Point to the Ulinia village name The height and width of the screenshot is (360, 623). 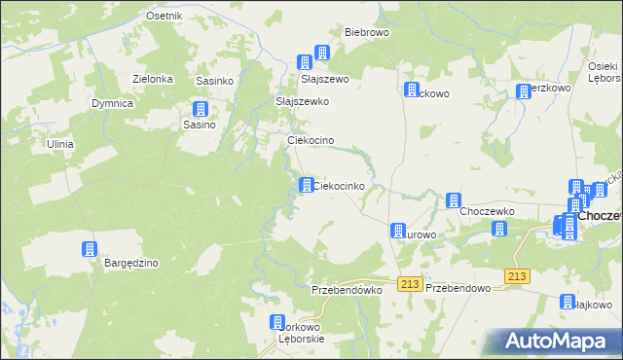pyautogui.click(x=60, y=144)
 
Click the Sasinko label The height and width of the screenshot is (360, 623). pyautogui.click(x=214, y=81)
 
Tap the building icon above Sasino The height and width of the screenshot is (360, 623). pyautogui.click(x=201, y=109)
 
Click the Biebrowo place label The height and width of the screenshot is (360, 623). pyautogui.click(x=366, y=31)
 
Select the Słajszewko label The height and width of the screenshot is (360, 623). pyautogui.click(x=303, y=101)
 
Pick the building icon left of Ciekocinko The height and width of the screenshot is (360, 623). pyautogui.click(x=306, y=185)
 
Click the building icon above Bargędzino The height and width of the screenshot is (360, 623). pyautogui.click(x=90, y=249)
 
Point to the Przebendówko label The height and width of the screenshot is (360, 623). pyautogui.click(x=345, y=290)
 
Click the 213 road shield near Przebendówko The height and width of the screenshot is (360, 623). pyautogui.click(x=409, y=283)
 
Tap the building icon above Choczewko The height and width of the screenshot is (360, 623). pyautogui.click(x=453, y=200)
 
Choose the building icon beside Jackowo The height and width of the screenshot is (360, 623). pyautogui.click(x=411, y=90)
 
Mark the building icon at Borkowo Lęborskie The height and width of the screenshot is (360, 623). pyautogui.click(x=277, y=322)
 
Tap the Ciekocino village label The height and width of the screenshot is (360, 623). pyautogui.click(x=311, y=141)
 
